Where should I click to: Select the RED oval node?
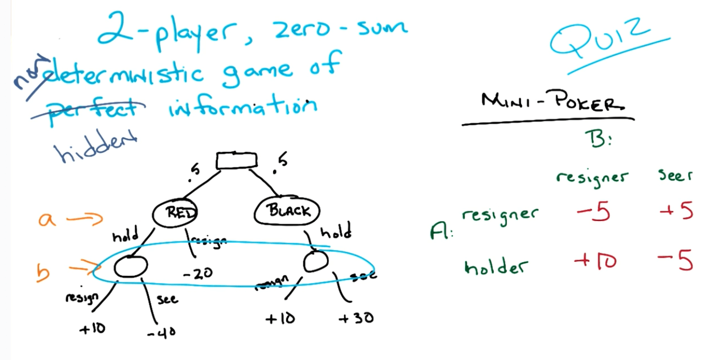tap(176, 213)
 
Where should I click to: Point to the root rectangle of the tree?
tap(237, 161)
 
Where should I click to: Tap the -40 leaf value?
tap(161, 333)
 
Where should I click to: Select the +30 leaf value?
tap(356, 319)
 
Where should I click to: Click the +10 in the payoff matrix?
tap(595, 262)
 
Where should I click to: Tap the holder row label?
tap(489, 266)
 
